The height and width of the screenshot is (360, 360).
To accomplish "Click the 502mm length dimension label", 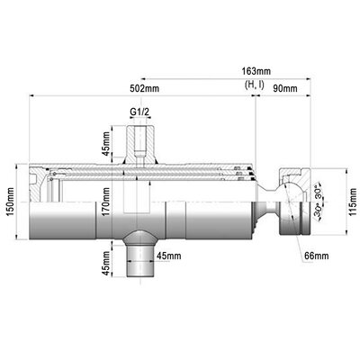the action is [x=144, y=88].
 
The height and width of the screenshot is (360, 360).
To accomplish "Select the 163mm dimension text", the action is [x=256, y=72].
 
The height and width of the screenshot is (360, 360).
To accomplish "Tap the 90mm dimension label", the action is [x=285, y=88].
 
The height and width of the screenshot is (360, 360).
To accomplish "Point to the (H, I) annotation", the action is [x=255, y=85].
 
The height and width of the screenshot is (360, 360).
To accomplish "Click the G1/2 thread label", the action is [x=139, y=112].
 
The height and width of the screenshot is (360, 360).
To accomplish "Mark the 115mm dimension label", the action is [x=353, y=202].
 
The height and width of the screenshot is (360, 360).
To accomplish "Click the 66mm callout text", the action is [x=317, y=256].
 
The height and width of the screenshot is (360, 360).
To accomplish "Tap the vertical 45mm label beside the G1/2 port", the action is [x=106, y=143].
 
